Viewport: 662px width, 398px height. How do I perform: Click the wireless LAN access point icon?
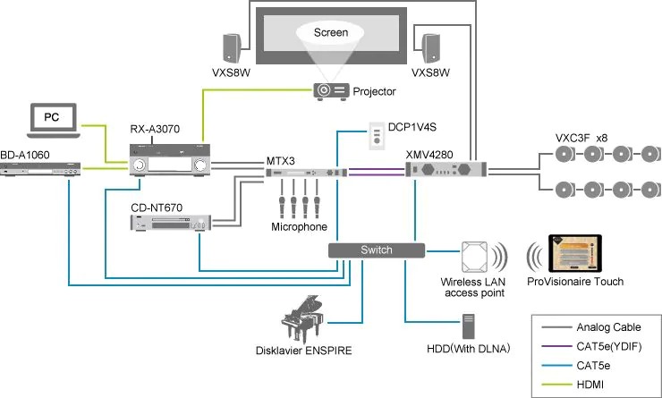pos(475,258)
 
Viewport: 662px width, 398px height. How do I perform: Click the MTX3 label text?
pos(280,160)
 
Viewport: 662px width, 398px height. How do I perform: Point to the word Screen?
pos(331,33)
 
